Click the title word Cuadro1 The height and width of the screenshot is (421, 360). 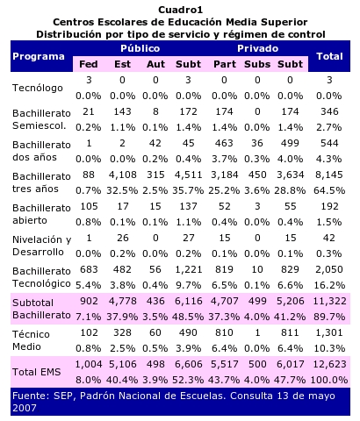point(180,10)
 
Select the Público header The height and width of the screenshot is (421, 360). point(140,48)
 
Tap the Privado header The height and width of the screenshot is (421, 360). point(257,48)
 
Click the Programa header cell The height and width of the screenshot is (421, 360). point(39,56)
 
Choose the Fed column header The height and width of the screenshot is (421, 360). point(89,64)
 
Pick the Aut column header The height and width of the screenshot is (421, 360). point(155,64)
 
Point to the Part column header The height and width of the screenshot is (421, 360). point(225,64)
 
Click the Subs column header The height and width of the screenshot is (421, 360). point(257,64)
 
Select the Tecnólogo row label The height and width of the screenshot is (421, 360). point(38,88)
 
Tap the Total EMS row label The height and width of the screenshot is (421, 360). point(37,372)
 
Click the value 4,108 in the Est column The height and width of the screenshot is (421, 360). point(123,175)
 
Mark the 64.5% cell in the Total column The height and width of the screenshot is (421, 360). point(329,190)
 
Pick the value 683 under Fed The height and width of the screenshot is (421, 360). point(89,269)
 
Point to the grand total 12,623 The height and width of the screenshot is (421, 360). point(329,364)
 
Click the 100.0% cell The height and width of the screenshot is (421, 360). point(329,380)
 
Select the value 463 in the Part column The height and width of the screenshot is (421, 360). point(224,143)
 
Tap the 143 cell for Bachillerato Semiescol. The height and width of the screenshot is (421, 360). point(122,111)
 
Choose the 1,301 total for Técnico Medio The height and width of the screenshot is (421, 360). point(329,332)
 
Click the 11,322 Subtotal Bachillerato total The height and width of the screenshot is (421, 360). point(329,301)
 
